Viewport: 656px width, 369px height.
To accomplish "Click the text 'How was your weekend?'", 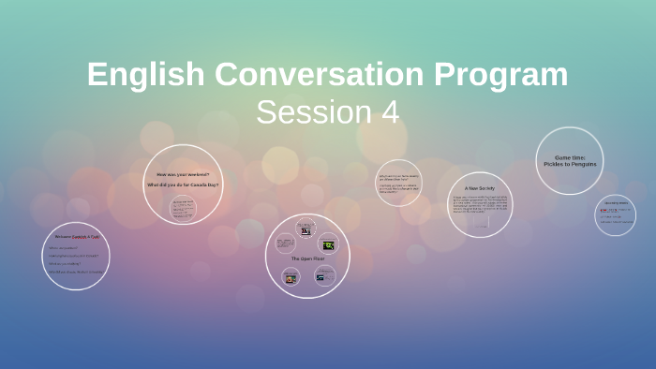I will (183, 175).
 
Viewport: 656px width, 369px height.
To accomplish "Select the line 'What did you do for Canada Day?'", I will (184, 185).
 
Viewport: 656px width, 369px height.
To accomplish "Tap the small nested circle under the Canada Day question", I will (183, 208).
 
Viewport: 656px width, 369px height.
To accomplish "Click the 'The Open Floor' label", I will (307, 258).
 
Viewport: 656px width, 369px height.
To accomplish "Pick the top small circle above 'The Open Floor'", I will (306, 229).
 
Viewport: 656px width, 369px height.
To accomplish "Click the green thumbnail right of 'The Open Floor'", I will (329, 245).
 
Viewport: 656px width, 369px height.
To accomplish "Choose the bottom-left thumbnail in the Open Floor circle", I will (291, 278).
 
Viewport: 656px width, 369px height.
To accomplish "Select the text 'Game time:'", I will (569, 157).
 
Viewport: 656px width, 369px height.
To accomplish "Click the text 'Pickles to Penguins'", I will (569, 165).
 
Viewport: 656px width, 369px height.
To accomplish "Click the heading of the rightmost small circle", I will (616, 203).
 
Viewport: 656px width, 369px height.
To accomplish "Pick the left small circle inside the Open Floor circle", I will (285, 244).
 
